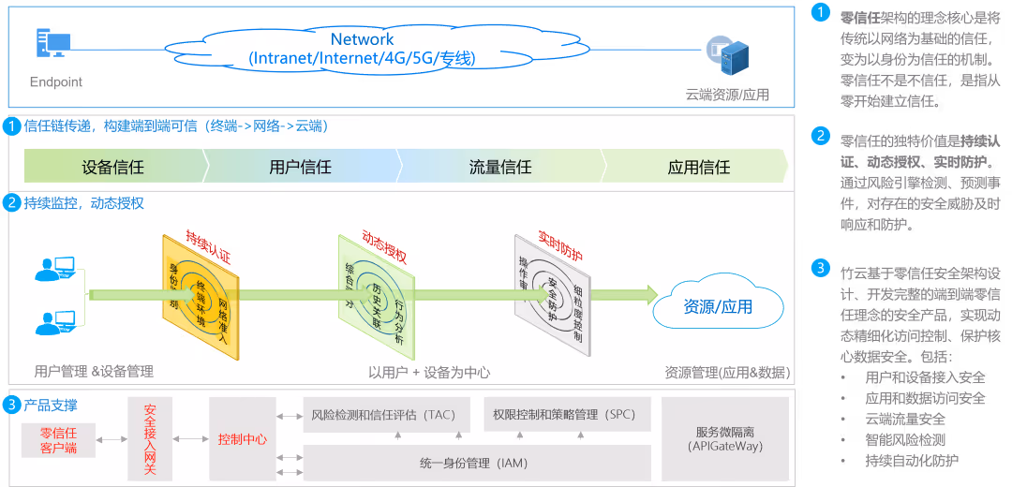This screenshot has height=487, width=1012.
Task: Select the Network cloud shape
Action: pyautogui.click(x=362, y=49)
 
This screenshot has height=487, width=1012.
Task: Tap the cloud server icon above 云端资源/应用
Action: pyautogui.click(x=728, y=54)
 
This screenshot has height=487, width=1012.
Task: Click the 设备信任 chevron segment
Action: pyautogui.click(x=112, y=168)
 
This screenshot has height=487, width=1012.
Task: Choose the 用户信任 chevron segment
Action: pyautogui.click(x=300, y=168)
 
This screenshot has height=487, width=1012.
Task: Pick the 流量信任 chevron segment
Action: pyautogui.click(x=500, y=168)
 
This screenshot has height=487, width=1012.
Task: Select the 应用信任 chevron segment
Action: pyautogui.click(x=699, y=168)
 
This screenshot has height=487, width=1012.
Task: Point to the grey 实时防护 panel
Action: pyautogui.click(x=550, y=294)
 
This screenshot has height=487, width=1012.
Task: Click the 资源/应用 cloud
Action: pyautogui.click(x=718, y=306)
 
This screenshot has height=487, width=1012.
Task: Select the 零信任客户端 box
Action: pyautogui.click(x=58, y=440)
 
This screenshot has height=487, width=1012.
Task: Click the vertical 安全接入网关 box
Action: pyautogui.click(x=150, y=438)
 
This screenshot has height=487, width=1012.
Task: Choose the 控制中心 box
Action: pyautogui.click(x=242, y=438)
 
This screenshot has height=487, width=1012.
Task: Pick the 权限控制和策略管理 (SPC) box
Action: pyautogui.click(x=566, y=414)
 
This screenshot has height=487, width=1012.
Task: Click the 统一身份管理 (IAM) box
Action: pyautogui.click(x=477, y=462)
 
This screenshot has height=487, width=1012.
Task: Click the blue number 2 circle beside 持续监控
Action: pyautogui.click(x=12, y=202)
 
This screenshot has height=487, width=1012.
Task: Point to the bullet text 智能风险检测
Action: pyautogui.click(x=905, y=439)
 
